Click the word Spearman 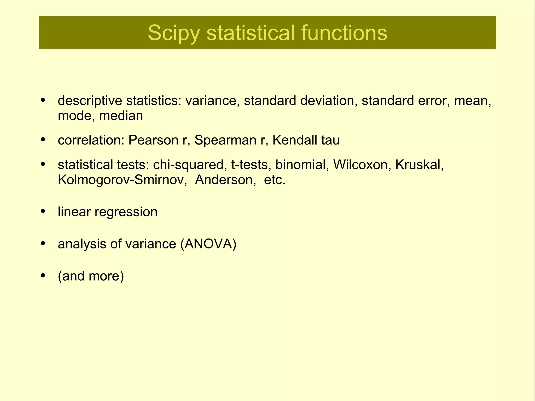pyautogui.click(x=225, y=140)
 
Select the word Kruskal pyautogui.click(x=419, y=165)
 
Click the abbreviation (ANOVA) pyautogui.click(x=208, y=244)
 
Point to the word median pyautogui.click(x=121, y=116)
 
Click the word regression pyautogui.click(x=126, y=212)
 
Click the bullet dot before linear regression pyautogui.click(x=43, y=211)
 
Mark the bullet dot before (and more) pyautogui.click(x=43, y=275)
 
